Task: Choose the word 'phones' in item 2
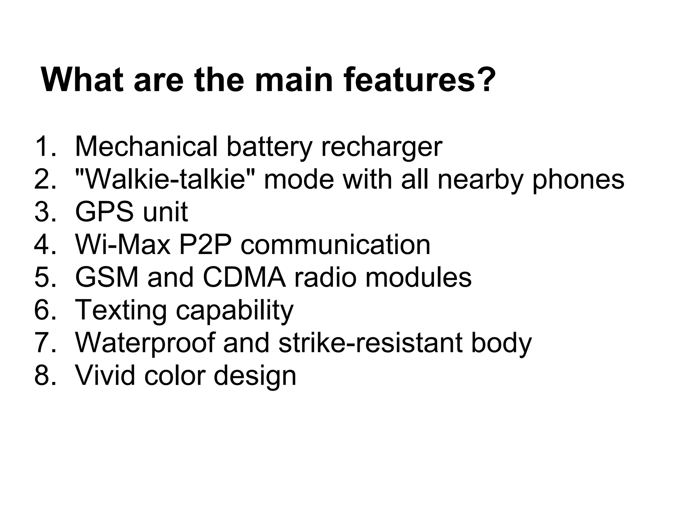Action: pyautogui.click(x=578, y=180)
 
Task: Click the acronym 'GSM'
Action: pyautogui.click(x=107, y=277)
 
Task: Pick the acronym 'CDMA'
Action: pyautogui.click(x=244, y=277)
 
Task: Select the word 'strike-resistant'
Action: pyautogui.click(x=370, y=343)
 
